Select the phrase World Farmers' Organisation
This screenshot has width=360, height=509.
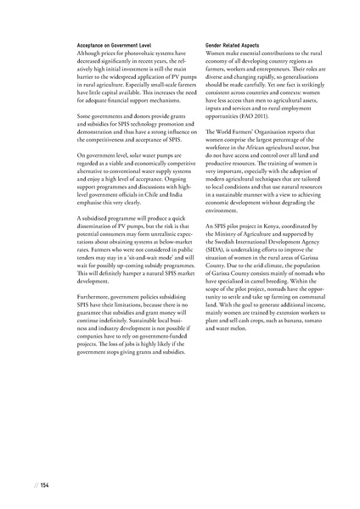[x=254, y=134]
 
